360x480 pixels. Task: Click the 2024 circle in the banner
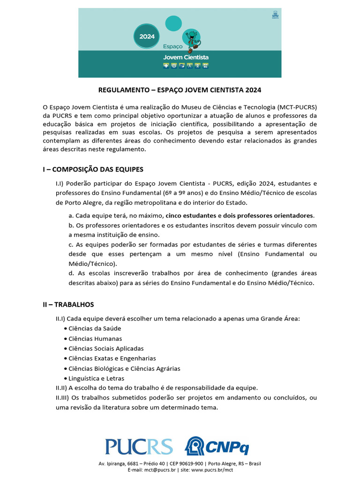pos(147,35)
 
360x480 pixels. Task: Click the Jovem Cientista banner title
pos(186,57)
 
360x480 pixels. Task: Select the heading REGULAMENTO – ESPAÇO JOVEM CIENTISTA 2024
pos(180,90)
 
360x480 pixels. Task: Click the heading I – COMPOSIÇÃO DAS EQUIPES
pos(93,169)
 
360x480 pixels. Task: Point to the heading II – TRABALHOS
pos(68,304)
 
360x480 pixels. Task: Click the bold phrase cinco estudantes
pos(190,216)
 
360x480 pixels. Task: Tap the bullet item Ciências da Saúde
pos(94,329)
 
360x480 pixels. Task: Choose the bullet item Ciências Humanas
pos(95,338)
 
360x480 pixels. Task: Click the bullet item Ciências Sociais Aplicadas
pos(106,348)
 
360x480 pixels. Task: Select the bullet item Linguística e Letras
pos(96,378)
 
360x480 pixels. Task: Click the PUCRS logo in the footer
pos(139,447)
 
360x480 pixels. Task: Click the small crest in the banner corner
pos(275,15)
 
